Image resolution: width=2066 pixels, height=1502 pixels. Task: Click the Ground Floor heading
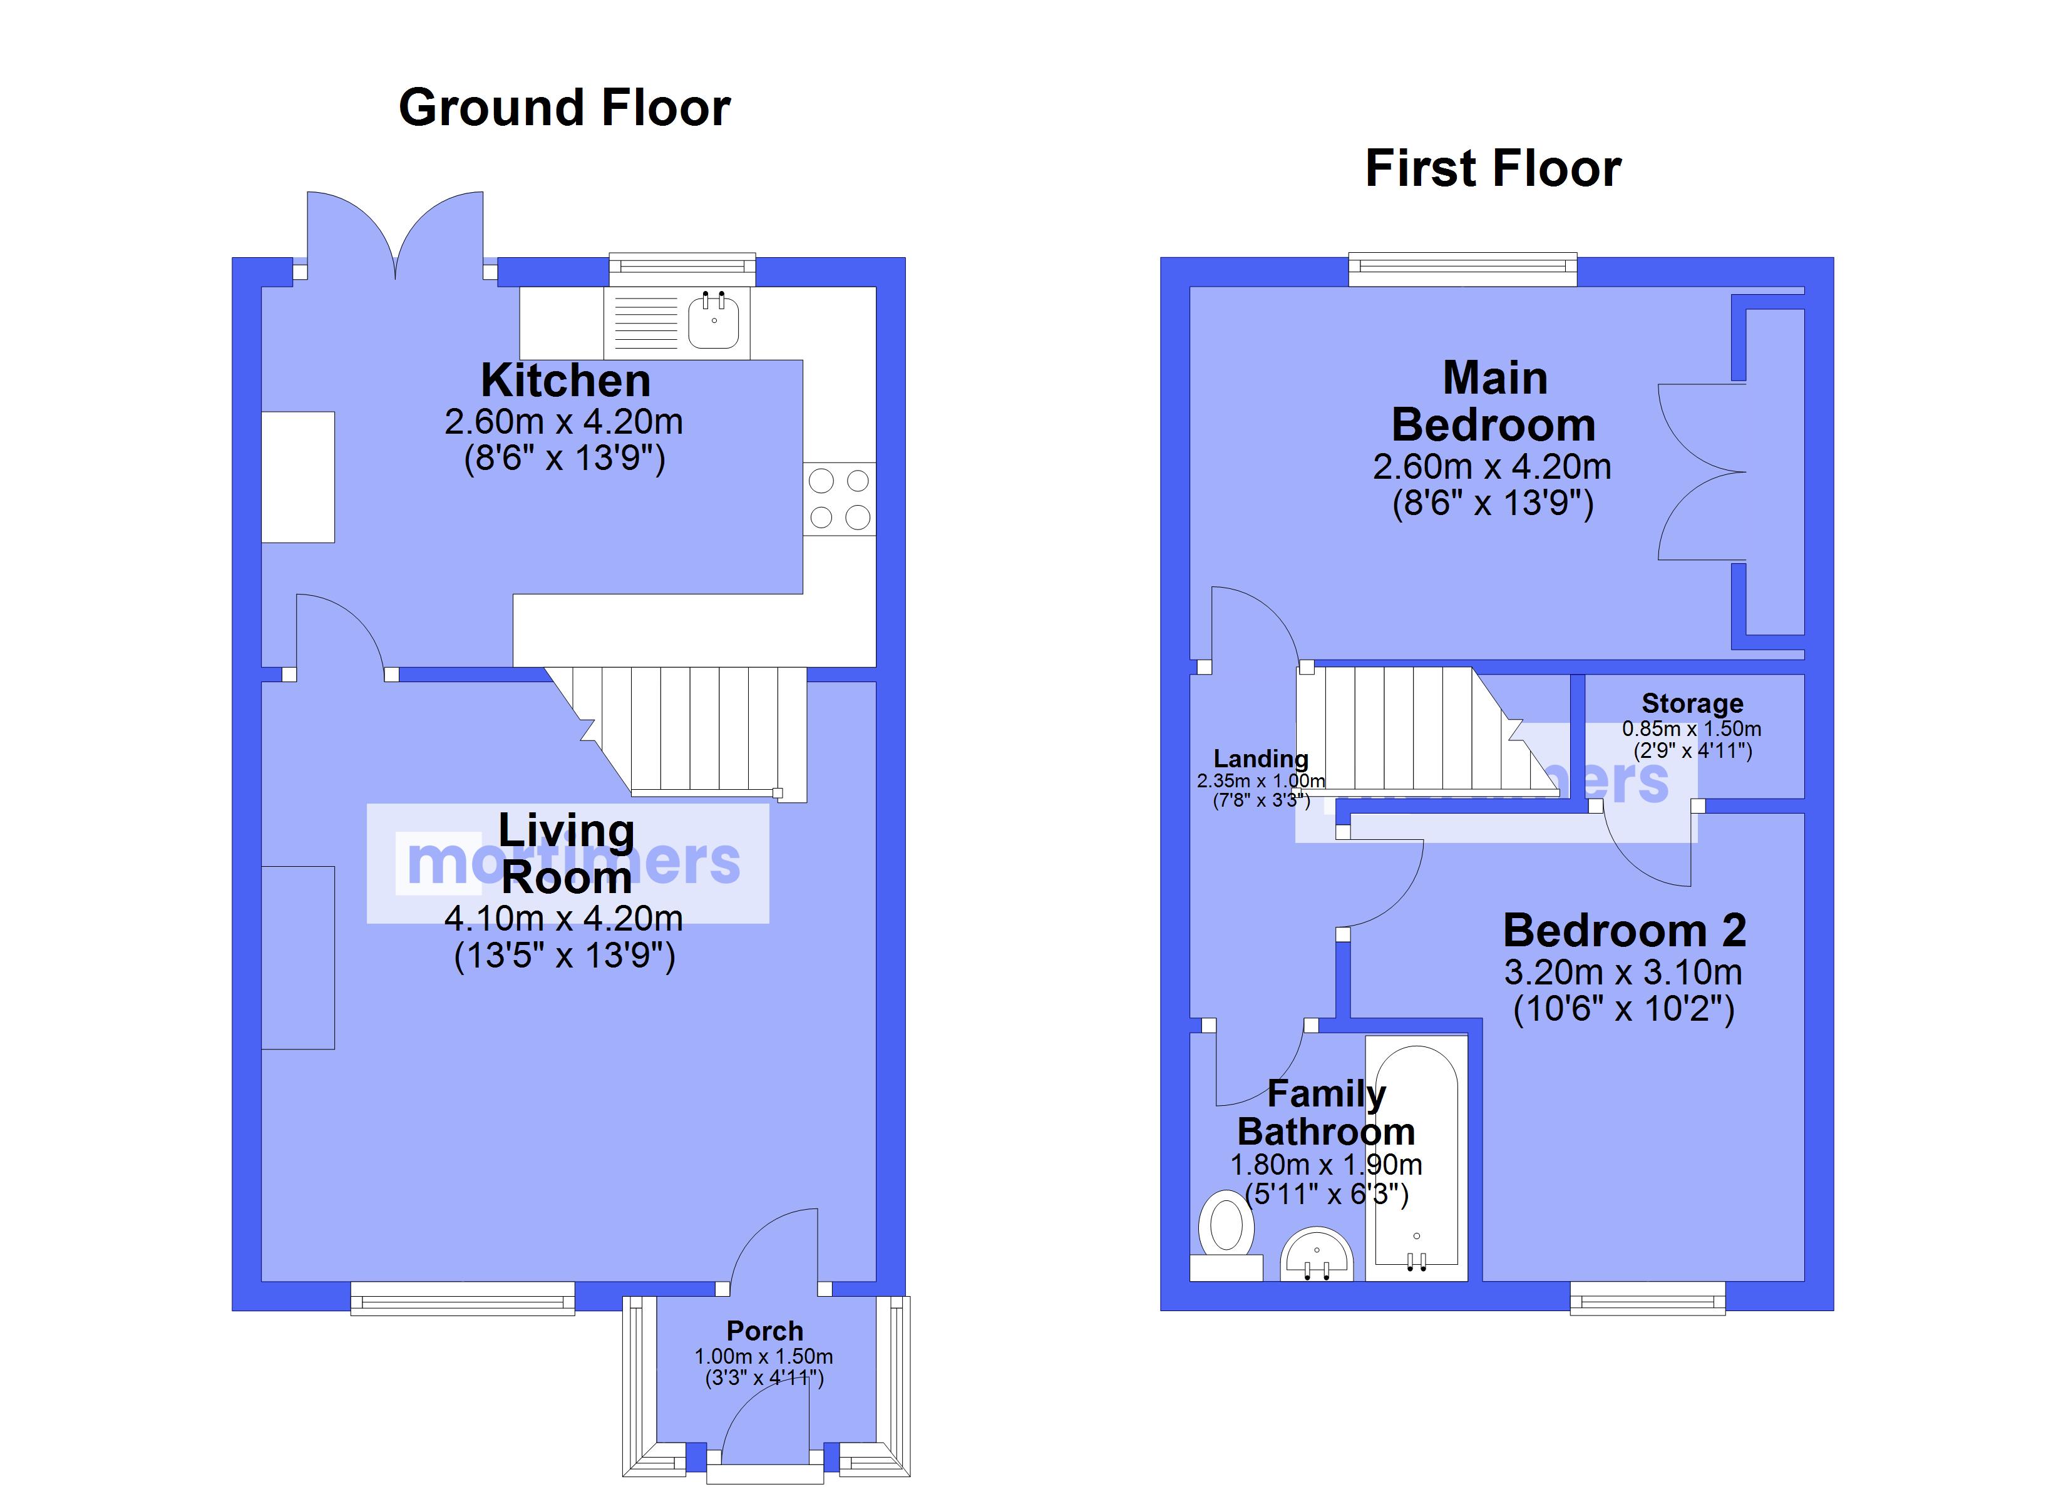pyautogui.click(x=565, y=108)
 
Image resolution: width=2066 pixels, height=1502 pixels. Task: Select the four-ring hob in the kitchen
pyautogui.click(x=839, y=498)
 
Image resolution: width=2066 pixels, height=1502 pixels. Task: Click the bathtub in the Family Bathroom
pyautogui.click(x=1417, y=1158)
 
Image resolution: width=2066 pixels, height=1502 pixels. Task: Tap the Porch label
pyautogui.click(x=765, y=1331)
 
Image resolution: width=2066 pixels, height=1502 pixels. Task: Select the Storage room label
pyautogui.click(x=1692, y=703)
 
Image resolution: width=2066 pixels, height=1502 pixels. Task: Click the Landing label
pyautogui.click(x=1261, y=759)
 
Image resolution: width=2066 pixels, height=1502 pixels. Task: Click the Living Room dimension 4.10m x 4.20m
pyautogui.click(x=564, y=918)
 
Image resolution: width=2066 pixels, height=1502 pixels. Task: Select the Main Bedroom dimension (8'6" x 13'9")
pyautogui.click(x=1493, y=503)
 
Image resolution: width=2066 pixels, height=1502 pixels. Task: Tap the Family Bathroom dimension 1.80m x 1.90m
pyautogui.click(x=1327, y=1164)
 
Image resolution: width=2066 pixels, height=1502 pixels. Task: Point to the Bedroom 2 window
pyautogui.click(x=1648, y=1298)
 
